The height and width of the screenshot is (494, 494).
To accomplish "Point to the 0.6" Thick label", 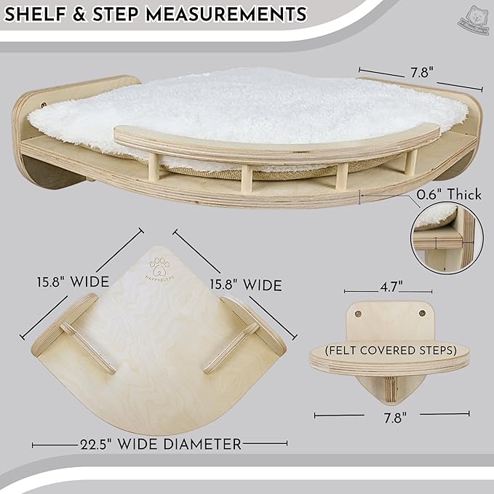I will click(x=449, y=194).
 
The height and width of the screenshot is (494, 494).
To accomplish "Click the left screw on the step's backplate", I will click(x=359, y=314).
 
